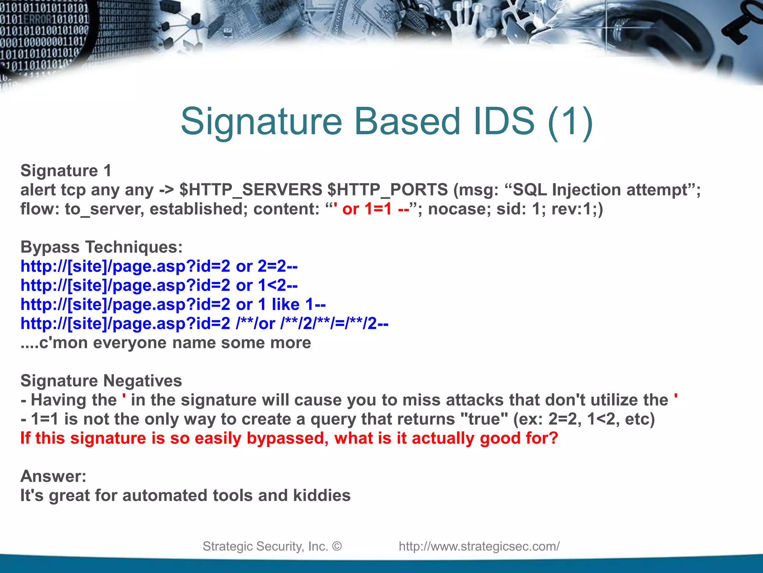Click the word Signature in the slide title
[261, 122]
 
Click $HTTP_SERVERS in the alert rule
[250, 190]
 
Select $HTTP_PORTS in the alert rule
[387, 190]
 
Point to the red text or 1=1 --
[376, 209]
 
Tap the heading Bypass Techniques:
[101, 247]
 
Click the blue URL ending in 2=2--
[159, 266]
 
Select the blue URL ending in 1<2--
[159, 285]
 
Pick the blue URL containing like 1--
[173, 304]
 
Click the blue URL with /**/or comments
[204, 323]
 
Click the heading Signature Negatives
[101, 381]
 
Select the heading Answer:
[53, 476]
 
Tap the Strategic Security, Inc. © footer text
[272, 547]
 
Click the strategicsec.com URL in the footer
[479, 547]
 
